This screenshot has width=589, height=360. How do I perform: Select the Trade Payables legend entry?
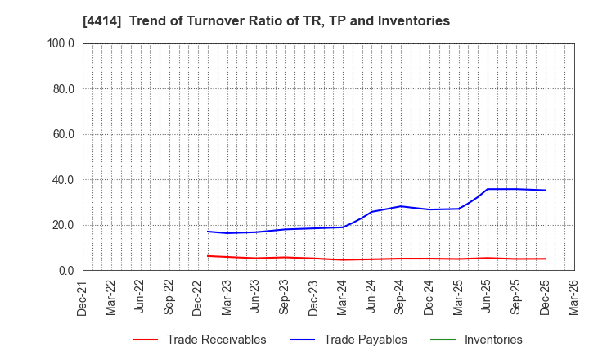365,340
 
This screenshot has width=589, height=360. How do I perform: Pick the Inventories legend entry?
492,340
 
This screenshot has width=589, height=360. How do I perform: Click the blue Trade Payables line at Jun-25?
488,189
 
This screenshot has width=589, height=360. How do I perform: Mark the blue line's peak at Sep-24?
401,206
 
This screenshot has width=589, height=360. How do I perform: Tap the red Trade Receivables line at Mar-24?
343,259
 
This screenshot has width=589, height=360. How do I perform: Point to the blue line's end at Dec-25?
546,191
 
